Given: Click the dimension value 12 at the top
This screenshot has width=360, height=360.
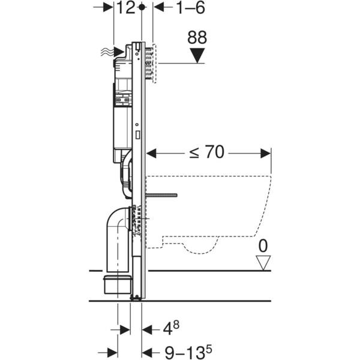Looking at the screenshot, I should (x=126, y=8).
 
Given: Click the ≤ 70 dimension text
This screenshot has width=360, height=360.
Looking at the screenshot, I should (x=206, y=152).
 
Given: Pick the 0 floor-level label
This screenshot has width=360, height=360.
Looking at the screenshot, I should (x=262, y=245).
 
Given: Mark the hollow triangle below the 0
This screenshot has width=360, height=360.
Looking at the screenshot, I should (x=262, y=262).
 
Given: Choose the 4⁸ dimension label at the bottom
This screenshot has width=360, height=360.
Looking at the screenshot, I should (x=170, y=329).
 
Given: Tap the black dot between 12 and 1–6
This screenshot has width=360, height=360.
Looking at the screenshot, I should (x=142, y=7).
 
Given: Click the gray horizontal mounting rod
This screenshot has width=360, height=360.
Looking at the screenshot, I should (x=163, y=195).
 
